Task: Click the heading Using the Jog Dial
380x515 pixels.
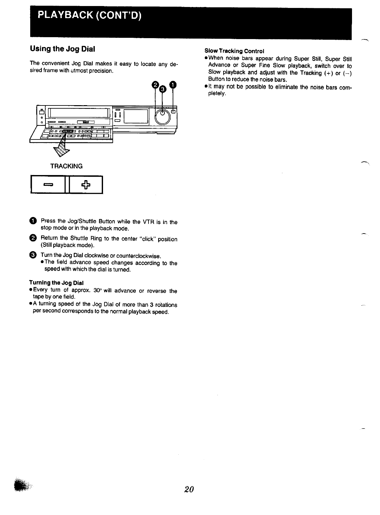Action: pyautogui.click(x=62, y=49)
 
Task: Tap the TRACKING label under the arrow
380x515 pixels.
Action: pyautogui.click(x=66, y=166)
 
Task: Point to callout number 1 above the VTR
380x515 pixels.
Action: pyautogui.click(x=172, y=85)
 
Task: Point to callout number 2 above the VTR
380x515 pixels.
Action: pyautogui.click(x=155, y=85)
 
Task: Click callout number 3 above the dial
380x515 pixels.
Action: pyautogui.click(x=162, y=89)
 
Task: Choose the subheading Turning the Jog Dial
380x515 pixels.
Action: pyautogui.click(x=56, y=283)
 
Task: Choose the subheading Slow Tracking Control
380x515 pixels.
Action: pyautogui.click(x=234, y=51)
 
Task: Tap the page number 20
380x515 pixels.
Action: pyautogui.click(x=189, y=489)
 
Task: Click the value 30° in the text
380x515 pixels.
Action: pyautogui.click(x=97, y=291)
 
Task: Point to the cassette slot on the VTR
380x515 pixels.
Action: pyautogui.click(x=79, y=113)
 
